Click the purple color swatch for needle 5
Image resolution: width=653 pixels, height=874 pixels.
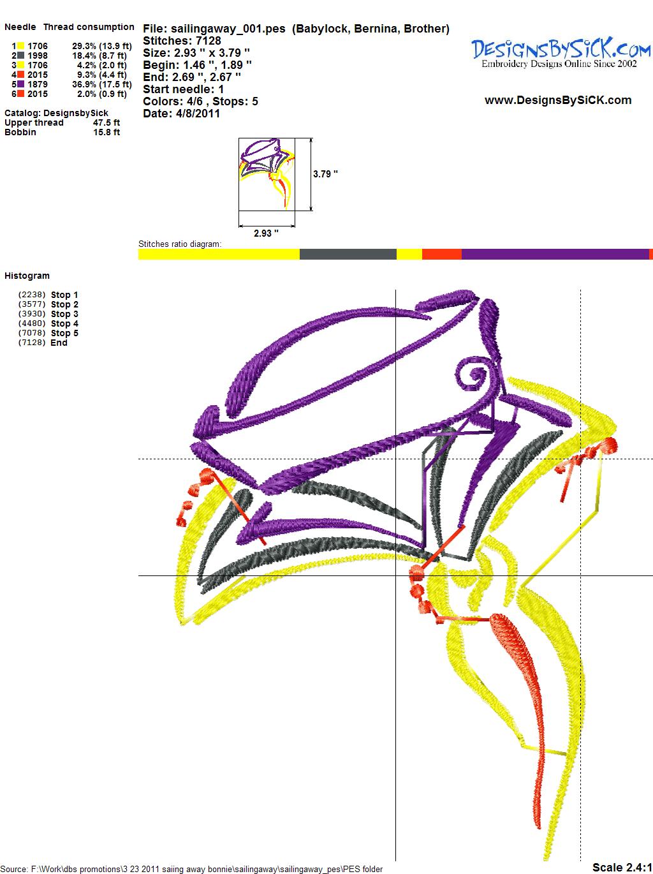[x=21, y=84]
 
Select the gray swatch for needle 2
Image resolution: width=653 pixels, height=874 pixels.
[x=21, y=56]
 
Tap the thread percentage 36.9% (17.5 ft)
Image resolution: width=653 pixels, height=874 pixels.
[x=102, y=84]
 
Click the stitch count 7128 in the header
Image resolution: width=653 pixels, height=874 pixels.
[x=208, y=41]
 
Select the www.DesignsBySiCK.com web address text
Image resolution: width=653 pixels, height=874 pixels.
[x=558, y=100]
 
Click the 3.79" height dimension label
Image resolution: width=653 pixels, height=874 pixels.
[x=325, y=174]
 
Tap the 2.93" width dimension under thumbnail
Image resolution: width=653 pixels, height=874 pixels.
[x=266, y=233]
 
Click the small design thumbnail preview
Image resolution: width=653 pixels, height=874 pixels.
[x=267, y=174]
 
